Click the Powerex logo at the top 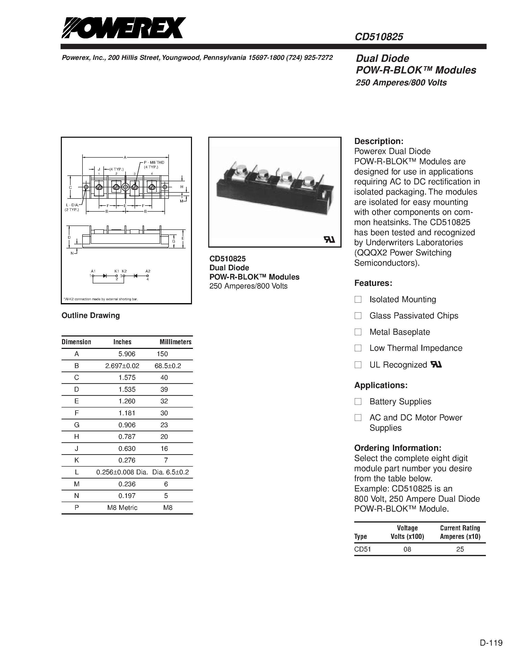(123, 28)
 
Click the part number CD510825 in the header (379, 37)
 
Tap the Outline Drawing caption (91, 315)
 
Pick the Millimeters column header (175, 342)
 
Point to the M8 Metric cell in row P (122, 507)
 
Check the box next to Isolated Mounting (358, 299)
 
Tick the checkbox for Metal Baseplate (358, 332)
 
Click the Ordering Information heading (398, 448)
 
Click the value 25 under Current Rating (460, 549)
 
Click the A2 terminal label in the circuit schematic (148, 271)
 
